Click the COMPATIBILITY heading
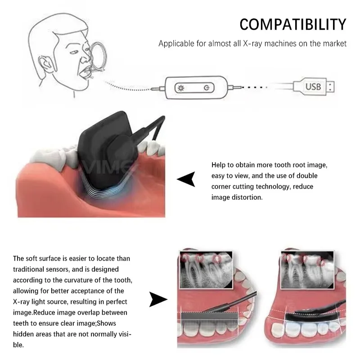292,24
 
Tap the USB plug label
313,85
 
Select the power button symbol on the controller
206,87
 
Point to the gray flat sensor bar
207,318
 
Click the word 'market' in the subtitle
335,44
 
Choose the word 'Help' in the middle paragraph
219,165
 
